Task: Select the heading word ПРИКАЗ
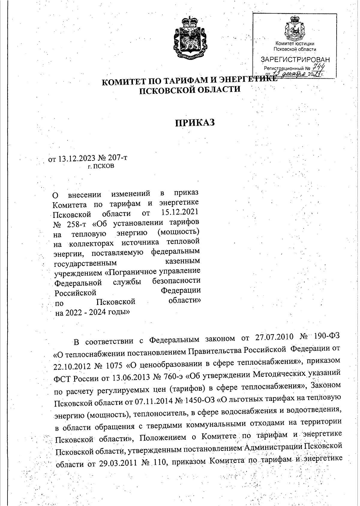(195, 123)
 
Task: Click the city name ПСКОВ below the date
(104, 166)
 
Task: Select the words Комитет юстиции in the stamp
(295, 44)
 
